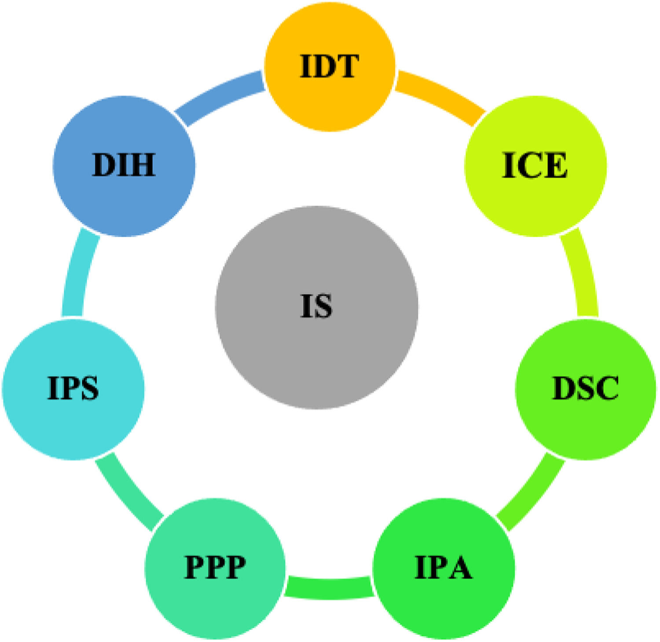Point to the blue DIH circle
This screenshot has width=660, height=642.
(x=124, y=198)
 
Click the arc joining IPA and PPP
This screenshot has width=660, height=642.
(x=329, y=587)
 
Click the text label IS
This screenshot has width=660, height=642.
(x=316, y=306)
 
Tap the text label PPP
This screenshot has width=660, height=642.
(x=215, y=567)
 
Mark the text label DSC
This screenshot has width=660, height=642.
(x=585, y=389)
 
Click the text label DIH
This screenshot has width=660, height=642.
(x=124, y=165)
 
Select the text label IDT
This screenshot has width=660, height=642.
(x=330, y=66)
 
